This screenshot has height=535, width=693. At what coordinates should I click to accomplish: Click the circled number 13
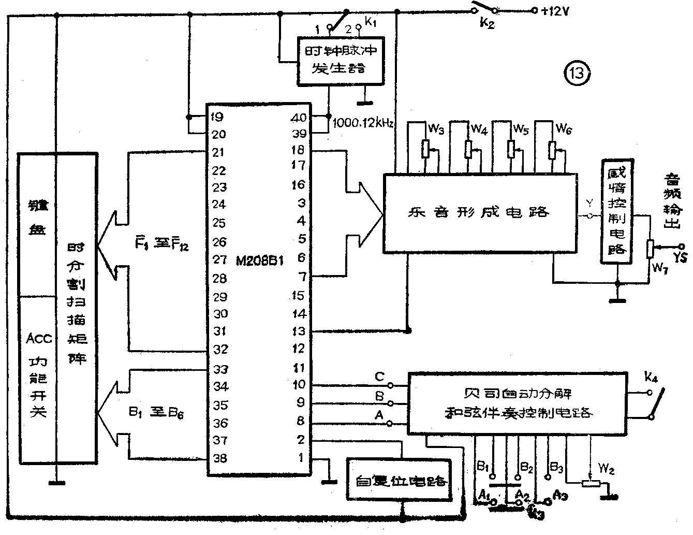[577, 74]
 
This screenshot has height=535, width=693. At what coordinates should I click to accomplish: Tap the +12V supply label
[555, 11]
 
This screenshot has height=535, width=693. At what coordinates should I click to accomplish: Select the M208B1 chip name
[260, 261]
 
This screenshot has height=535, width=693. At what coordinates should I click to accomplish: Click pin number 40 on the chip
[299, 118]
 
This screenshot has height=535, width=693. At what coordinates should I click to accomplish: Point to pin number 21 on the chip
[219, 152]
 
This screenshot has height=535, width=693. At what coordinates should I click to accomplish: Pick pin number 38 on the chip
[220, 458]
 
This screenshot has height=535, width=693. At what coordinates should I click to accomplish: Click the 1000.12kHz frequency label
[363, 123]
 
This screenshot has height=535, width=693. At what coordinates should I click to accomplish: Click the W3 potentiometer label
[437, 129]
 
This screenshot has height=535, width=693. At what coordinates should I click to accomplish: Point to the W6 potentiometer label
[564, 129]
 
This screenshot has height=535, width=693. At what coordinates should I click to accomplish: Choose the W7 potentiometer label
[659, 268]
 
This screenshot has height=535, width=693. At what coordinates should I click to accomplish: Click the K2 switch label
[486, 23]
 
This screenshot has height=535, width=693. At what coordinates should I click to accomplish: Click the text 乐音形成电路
[478, 212]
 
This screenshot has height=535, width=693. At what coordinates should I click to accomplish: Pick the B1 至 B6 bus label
[155, 413]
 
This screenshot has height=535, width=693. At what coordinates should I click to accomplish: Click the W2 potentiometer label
[606, 470]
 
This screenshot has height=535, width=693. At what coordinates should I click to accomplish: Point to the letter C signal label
[379, 377]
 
